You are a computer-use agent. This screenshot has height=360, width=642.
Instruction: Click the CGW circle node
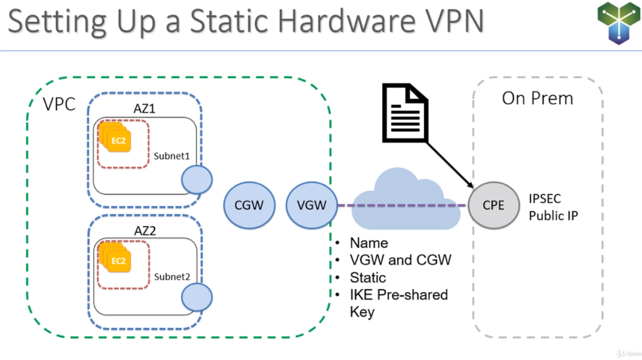249,205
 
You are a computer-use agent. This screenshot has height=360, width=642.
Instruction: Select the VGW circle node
311,205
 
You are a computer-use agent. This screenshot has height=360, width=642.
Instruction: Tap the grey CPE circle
493,205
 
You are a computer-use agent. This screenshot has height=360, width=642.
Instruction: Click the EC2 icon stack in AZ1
117,139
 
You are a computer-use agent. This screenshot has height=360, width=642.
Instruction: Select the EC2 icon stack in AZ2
117,259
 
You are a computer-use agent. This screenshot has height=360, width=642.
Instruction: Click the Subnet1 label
172,156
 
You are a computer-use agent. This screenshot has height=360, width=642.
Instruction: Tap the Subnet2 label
172,276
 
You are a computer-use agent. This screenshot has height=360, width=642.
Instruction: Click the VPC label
59,104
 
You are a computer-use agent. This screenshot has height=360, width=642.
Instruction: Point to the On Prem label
537,98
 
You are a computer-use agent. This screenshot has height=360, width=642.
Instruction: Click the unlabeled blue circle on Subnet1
196,180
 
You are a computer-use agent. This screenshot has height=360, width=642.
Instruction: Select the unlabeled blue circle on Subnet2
197,298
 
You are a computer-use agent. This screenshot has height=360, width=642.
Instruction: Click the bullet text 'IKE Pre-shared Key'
398,303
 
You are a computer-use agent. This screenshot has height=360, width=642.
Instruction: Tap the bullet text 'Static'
368,278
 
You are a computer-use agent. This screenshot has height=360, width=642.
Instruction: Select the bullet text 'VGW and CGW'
400,260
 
